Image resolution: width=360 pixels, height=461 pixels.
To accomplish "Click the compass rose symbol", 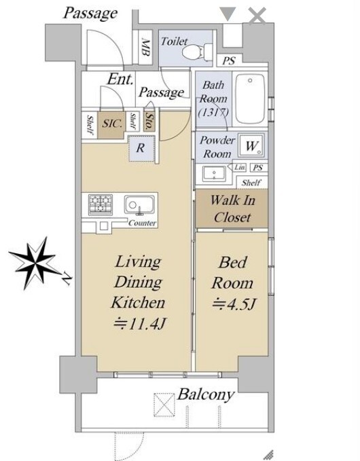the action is click(x=35, y=263).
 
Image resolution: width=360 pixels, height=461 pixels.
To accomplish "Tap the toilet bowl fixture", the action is click(x=197, y=52).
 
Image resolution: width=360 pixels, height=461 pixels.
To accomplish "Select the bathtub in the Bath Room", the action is click(x=250, y=99).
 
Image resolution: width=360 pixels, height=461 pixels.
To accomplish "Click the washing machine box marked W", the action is click(x=251, y=145).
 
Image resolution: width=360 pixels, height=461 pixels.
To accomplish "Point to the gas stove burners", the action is click(x=101, y=204).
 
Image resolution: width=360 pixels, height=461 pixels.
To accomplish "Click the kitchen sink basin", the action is click(x=139, y=204).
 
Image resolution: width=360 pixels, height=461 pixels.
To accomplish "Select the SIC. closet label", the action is click(x=112, y=124).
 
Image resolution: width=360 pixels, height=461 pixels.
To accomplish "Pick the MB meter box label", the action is click(x=146, y=47).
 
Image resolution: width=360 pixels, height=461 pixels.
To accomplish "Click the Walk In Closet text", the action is click(x=232, y=208).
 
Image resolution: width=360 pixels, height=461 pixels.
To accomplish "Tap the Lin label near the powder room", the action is click(x=240, y=167).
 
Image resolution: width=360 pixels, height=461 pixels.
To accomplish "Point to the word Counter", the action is click(x=143, y=223).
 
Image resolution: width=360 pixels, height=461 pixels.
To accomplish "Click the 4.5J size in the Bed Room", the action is click(x=234, y=304).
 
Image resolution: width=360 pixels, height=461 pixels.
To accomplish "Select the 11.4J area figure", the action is click(x=140, y=324).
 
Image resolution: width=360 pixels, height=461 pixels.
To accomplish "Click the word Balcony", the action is click(x=206, y=394).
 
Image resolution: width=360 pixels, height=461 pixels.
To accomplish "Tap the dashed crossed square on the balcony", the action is click(x=164, y=405).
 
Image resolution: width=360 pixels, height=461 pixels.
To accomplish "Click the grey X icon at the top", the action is click(x=257, y=16).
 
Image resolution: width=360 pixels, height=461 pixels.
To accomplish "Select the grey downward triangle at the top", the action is click(x=228, y=14).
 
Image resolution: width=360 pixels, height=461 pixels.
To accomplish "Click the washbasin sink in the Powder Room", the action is click(x=214, y=173).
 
